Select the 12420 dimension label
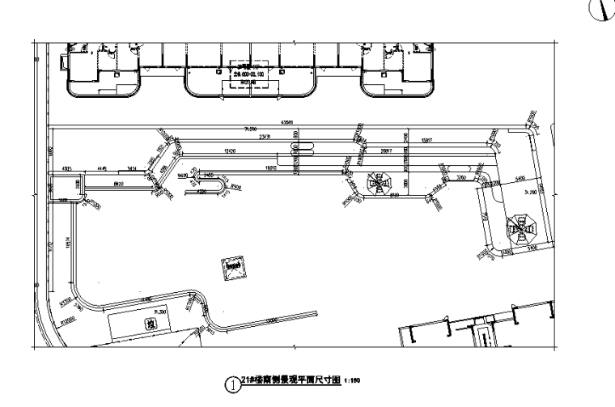[230, 151]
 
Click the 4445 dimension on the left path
[102, 167]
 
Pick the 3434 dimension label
[130, 167]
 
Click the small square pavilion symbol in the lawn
[235, 267]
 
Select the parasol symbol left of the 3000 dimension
[378, 183]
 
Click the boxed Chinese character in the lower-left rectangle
[150, 324]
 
